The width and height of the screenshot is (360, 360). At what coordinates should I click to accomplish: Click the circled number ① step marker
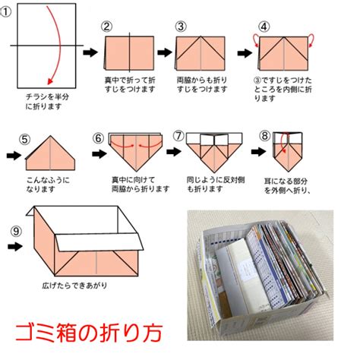5,12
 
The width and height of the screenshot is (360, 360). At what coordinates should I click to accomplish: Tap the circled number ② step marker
107,27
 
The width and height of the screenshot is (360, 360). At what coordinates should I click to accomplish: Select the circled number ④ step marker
264,27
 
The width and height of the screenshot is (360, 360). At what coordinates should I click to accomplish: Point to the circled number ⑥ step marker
98,138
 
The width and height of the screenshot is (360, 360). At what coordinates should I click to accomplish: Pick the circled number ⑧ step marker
265,136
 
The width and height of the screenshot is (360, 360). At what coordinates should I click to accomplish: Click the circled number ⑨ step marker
16,231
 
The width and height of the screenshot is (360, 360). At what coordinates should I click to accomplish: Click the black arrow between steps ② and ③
165,52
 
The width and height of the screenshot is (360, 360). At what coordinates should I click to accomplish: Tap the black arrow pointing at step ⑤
14,156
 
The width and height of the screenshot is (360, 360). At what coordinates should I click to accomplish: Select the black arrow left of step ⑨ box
15,247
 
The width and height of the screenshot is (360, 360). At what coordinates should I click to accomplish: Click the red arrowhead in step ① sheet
50,81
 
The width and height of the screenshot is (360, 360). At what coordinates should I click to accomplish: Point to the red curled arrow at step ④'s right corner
311,40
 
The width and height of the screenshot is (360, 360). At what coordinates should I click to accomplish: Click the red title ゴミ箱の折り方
89,333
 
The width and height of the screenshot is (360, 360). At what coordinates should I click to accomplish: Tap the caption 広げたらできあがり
74,286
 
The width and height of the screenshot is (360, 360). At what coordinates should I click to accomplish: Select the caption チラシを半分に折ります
47,102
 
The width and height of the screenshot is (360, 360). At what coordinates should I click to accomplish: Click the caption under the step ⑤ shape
48,185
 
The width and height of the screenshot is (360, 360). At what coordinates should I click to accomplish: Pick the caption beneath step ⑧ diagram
287,186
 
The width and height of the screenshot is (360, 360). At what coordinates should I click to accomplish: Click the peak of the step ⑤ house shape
50,136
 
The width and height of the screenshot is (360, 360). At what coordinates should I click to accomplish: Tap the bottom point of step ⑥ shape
136,172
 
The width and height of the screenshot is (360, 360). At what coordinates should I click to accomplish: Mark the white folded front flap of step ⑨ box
99,242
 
